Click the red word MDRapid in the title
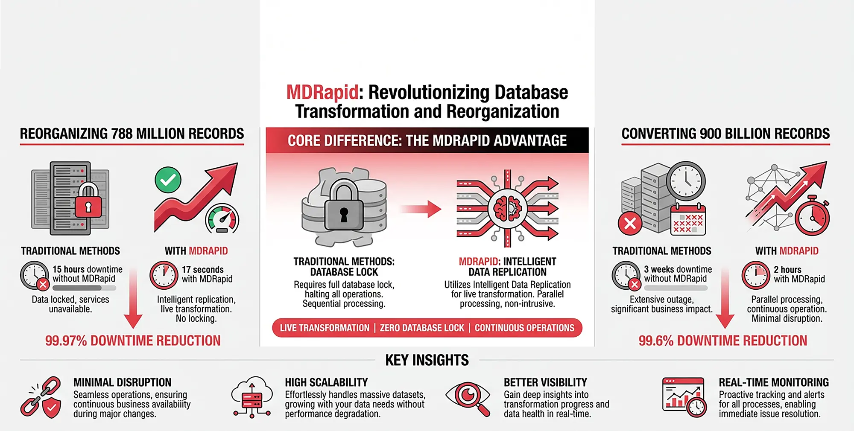(322, 93)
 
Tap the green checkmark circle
(168, 180)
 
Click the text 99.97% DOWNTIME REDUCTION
(133, 341)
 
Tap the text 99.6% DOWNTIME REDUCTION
(722, 341)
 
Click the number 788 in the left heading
(122, 134)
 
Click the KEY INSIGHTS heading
(427, 360)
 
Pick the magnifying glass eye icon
(469, 397)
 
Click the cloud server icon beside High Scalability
(252, 397)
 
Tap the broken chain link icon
(41, 397)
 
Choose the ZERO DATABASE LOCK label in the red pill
(422, 328)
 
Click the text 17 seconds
(203, 270)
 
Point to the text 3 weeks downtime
(678, 269)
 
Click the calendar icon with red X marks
(688, 220)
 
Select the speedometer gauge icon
(222, 220)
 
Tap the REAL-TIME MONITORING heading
(774, 382)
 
